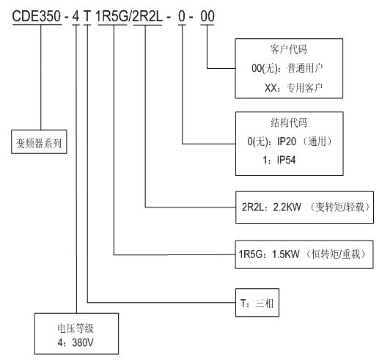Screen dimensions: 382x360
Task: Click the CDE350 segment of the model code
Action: click(37, 16)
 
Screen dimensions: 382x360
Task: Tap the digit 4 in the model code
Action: click(76, 16)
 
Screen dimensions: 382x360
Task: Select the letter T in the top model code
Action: click(87, 16)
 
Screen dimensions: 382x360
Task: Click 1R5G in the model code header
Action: click(112, 16)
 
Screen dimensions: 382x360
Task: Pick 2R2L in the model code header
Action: click(147, 16)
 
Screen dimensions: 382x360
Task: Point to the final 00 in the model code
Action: click(207, 16)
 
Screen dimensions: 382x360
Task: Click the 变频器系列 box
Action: click(39, 142)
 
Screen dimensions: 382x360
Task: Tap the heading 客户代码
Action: click(288, 49)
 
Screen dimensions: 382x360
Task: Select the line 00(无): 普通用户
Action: click(287, 68)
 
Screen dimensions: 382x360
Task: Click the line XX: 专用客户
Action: click(293, 87)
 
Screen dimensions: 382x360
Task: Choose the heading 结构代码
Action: click(289, 122)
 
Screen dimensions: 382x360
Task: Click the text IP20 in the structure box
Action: click(287, 142)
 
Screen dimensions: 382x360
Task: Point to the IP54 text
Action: click(286, 160)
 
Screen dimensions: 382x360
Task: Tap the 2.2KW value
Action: click(287, 207)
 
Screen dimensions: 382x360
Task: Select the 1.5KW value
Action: click(286, 254)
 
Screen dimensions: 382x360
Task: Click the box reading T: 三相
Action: click(257, 303)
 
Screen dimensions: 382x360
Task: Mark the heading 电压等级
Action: click(76, 328)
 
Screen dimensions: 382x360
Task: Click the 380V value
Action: click(83, 342)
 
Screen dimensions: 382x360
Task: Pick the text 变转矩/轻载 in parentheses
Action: click(339, 207)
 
